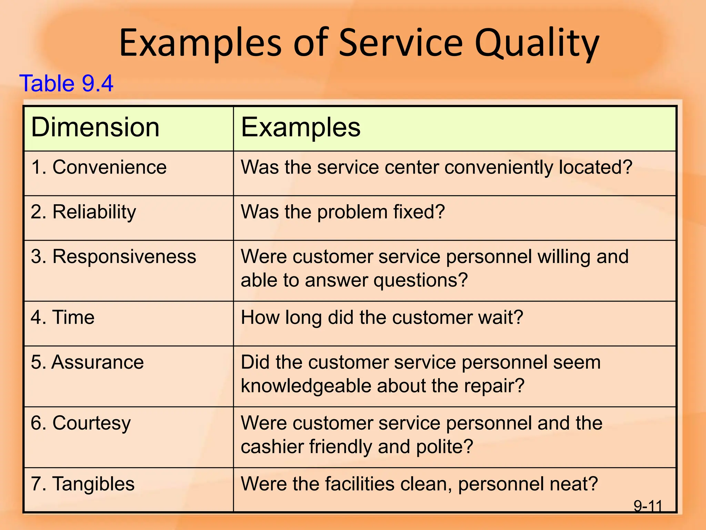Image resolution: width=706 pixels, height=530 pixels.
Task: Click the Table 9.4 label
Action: click(66, 84)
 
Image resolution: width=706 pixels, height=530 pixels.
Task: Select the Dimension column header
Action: click(95, 127)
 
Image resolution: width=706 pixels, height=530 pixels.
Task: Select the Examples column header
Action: click(300, 127)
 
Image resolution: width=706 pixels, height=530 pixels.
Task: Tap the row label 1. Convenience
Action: click(99, 167)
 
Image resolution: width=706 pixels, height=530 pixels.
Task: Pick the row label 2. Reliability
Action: click(83, 212)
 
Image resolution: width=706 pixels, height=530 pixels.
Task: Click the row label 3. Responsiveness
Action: click(113, 257)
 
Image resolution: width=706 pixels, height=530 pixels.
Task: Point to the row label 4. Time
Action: click(62, 317)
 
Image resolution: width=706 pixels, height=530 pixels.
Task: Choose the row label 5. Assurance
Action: click(87, 362)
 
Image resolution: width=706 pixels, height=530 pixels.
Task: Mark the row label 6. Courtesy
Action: click(81, 423)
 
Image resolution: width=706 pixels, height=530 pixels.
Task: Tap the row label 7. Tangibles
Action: click(82, 484)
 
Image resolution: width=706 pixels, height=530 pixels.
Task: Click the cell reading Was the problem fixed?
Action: click(343, 212)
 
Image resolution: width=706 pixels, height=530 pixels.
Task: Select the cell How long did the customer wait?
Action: click(382, 317)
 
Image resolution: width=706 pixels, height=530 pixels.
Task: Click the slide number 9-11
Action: click(648, 506)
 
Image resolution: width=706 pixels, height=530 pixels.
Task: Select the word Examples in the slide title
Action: click(200, 44)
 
